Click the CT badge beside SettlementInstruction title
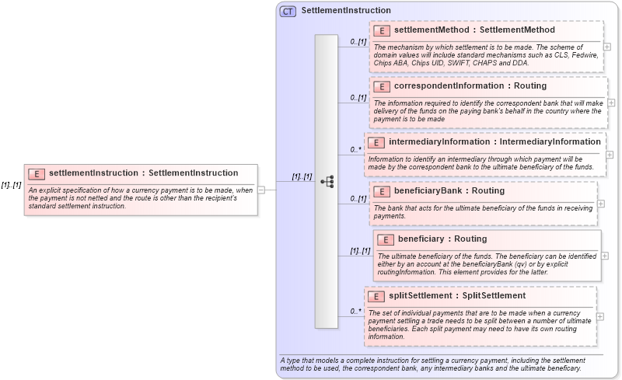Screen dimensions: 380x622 click(x=288, y=11)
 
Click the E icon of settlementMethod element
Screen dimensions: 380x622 click(x=382, y=30)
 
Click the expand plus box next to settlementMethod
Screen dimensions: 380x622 click(x=607, y=47)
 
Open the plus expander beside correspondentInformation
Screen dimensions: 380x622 click(x=611, y=103)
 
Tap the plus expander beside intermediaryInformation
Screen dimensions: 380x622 click(x=610, y=155)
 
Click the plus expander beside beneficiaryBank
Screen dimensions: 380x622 click(x=601, y=204)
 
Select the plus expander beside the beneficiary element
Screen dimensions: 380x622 click(x=605, y=256)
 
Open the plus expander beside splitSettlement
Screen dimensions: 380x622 click(x=600, y=316)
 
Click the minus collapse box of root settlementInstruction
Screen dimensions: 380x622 click(x=261, y=189)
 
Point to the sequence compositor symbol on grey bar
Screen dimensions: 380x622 click(x=327, y=181)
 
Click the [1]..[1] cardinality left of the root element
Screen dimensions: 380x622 click(x=11, y=185)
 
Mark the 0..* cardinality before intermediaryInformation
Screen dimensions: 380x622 click(x=355, y=150)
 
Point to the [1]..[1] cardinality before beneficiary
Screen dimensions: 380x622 click(x=359, y=251)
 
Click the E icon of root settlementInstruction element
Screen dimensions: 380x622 click(x=37, y=173)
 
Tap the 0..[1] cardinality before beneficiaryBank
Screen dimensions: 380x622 click(x=358, y=199)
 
